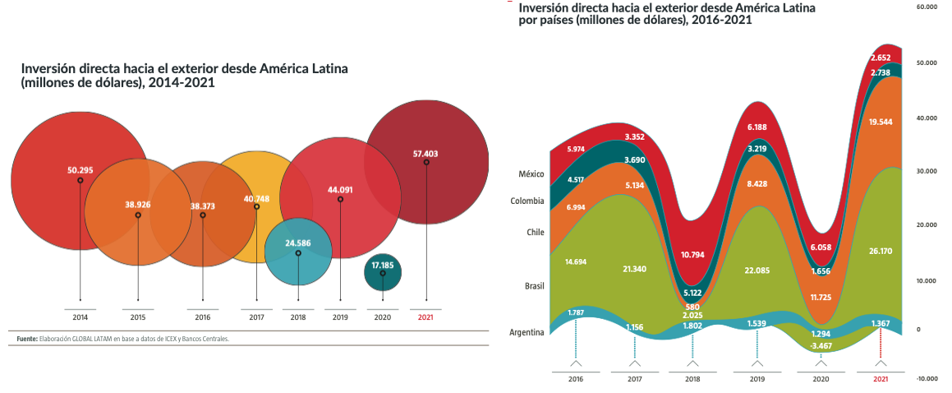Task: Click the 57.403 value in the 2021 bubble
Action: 426,153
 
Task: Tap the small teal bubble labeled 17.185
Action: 383,266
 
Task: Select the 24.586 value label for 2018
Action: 298,243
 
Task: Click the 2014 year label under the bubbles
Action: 80,317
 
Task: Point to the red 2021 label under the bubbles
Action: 426,317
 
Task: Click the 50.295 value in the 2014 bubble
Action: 80,170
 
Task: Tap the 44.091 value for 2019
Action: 340,190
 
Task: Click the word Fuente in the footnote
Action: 27,338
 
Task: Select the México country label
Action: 531,174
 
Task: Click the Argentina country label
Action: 526,332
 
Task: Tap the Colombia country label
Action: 527,201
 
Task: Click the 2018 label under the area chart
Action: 693,379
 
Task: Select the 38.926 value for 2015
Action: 138,204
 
